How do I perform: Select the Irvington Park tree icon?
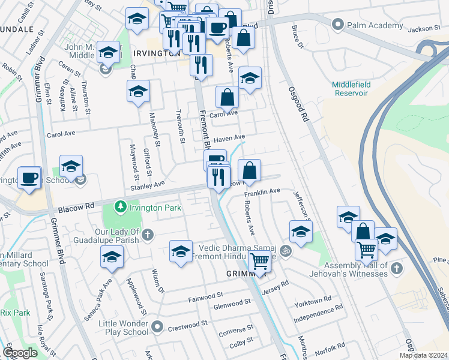(121, 206)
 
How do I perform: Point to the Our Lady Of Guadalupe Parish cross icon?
(148, 233)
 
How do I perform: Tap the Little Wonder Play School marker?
(157, 327)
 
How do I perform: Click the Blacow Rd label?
(76, 209)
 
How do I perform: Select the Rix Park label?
(15, 313)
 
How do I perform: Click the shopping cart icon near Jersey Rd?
(259, 261)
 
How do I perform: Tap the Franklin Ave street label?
(262, 191)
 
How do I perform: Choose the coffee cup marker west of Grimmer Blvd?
(29, 178)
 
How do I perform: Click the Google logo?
(20, 353)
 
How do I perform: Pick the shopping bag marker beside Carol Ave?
(228, 97)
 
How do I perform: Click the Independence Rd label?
(318, 307)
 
